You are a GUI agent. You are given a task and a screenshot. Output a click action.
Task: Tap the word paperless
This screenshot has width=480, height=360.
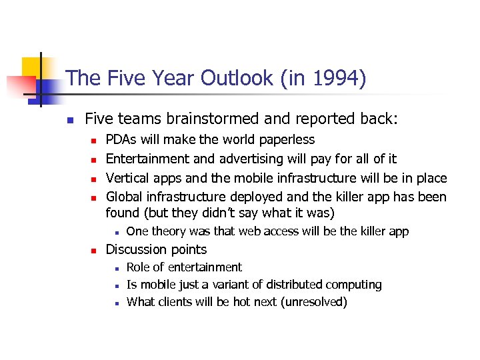tap(285, 140)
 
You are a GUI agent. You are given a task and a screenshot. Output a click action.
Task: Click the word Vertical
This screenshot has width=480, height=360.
tap(128, 178)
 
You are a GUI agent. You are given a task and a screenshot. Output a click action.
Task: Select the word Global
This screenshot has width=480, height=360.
tap(125, 197)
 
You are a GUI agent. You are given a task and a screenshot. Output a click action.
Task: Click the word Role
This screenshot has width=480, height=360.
tap(139, 267)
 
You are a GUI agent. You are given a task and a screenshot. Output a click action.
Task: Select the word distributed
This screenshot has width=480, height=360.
tap(297, 285)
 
